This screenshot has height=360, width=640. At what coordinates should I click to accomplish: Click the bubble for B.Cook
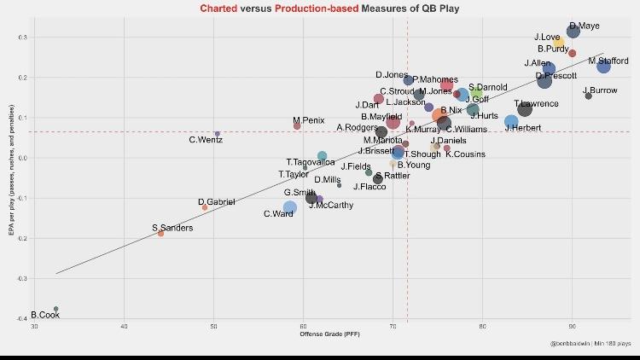point(55,309)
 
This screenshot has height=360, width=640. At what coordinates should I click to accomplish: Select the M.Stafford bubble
point(604,67)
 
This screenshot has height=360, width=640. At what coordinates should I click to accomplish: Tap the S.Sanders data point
point(160,233)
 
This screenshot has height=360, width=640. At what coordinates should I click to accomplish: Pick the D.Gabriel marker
point(205,207)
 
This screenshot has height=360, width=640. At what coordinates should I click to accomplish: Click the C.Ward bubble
point(290,207)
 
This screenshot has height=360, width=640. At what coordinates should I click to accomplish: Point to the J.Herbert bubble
point(511,122)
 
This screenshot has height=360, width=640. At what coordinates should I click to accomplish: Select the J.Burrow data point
point(588,96)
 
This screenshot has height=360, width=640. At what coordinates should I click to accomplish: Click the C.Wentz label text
point(205,140)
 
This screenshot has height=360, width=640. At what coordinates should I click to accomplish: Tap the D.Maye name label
point(584,26)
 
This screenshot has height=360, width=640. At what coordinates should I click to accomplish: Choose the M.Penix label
point(308,120)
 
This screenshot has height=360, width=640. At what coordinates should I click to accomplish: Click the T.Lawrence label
point(536,103)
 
